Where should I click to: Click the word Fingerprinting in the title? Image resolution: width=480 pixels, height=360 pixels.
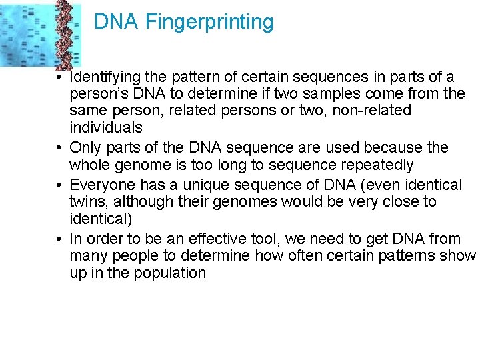point(209,23)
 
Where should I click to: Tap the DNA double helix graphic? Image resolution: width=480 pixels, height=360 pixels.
point(65,33)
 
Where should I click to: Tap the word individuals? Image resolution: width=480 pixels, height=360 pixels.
point(106,127)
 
